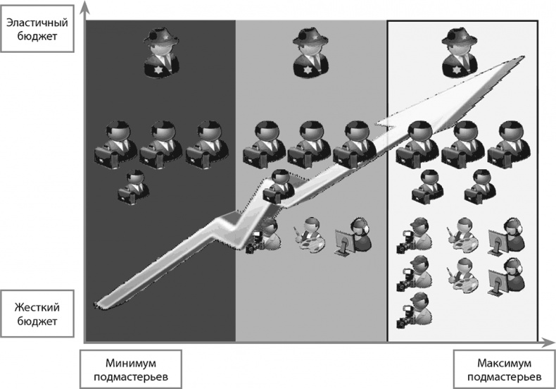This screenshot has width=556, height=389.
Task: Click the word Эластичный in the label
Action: (x=37, y=23)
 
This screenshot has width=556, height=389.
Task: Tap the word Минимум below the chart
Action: (x=130, y=364)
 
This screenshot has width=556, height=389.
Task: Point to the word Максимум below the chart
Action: (x=504, y=364)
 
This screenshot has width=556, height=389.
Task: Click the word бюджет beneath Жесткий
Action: (x=37, y=321)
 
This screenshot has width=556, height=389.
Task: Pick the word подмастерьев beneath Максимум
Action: (x=504, y=376)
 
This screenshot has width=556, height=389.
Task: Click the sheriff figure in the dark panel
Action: (x=161, y=53)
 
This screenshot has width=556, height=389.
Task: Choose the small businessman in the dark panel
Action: (x=133, y=187)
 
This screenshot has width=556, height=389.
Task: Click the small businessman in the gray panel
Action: (x=279, y=187)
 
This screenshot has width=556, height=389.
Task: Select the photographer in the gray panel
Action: (x=264, y=235)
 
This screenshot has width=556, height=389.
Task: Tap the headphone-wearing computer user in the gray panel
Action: (x=353, y=237)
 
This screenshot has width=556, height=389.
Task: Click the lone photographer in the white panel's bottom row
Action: (x=415, y=311)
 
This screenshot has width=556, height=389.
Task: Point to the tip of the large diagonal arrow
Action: (x=524, y=56)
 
